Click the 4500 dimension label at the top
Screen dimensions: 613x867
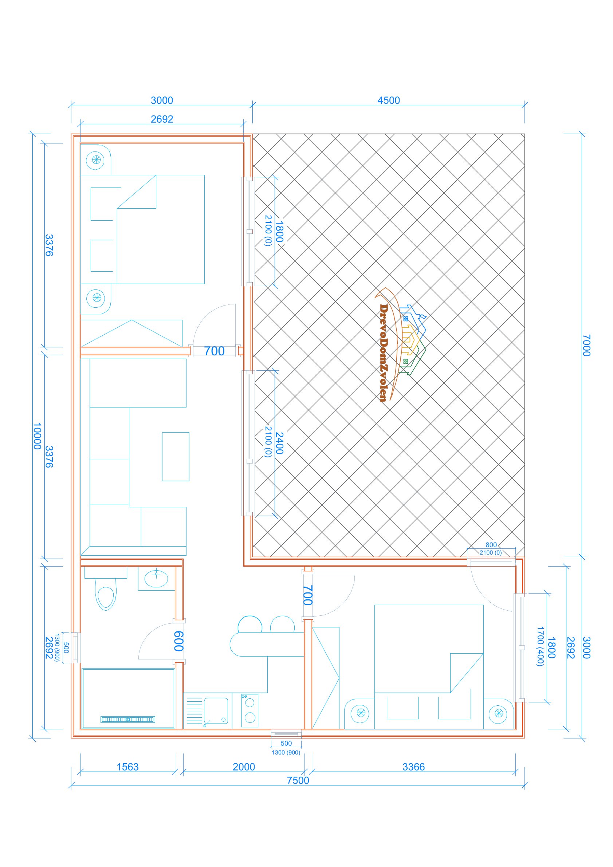tap(388, 101)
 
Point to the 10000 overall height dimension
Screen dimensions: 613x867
tap(37, 436)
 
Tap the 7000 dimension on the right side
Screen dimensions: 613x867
tap(586, 345)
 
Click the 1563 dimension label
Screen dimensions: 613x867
tap(127, 767)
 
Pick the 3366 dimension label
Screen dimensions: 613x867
tap(413, 767)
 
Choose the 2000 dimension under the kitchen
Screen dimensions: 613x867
tap(244, 767)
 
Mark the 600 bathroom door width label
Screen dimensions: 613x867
tap(178, 641)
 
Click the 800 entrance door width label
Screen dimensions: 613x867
tap(491, 545)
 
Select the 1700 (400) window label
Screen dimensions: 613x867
tap(540, 646)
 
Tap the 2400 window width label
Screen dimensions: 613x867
tap(279, 443)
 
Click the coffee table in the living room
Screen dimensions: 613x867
tap(176, 457)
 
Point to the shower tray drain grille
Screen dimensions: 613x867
tap(127, 720)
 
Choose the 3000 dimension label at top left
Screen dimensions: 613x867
tap(162, 101)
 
